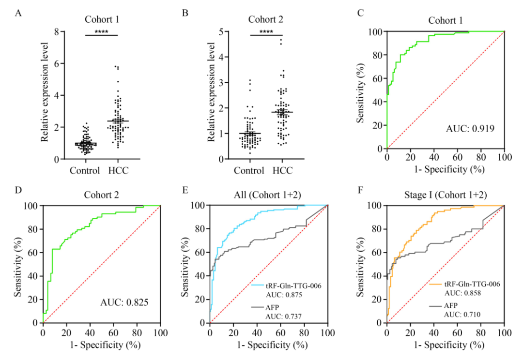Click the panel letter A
(x=18, y=13)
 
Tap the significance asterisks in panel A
(x=101, y=32)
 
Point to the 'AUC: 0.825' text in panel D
(x=123, y=303)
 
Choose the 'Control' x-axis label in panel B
(x=249, y=171)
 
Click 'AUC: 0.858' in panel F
(x=458, y=293)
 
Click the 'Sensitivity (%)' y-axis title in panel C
(x=361, y=90)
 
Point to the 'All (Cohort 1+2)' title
(x=268, y=195)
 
